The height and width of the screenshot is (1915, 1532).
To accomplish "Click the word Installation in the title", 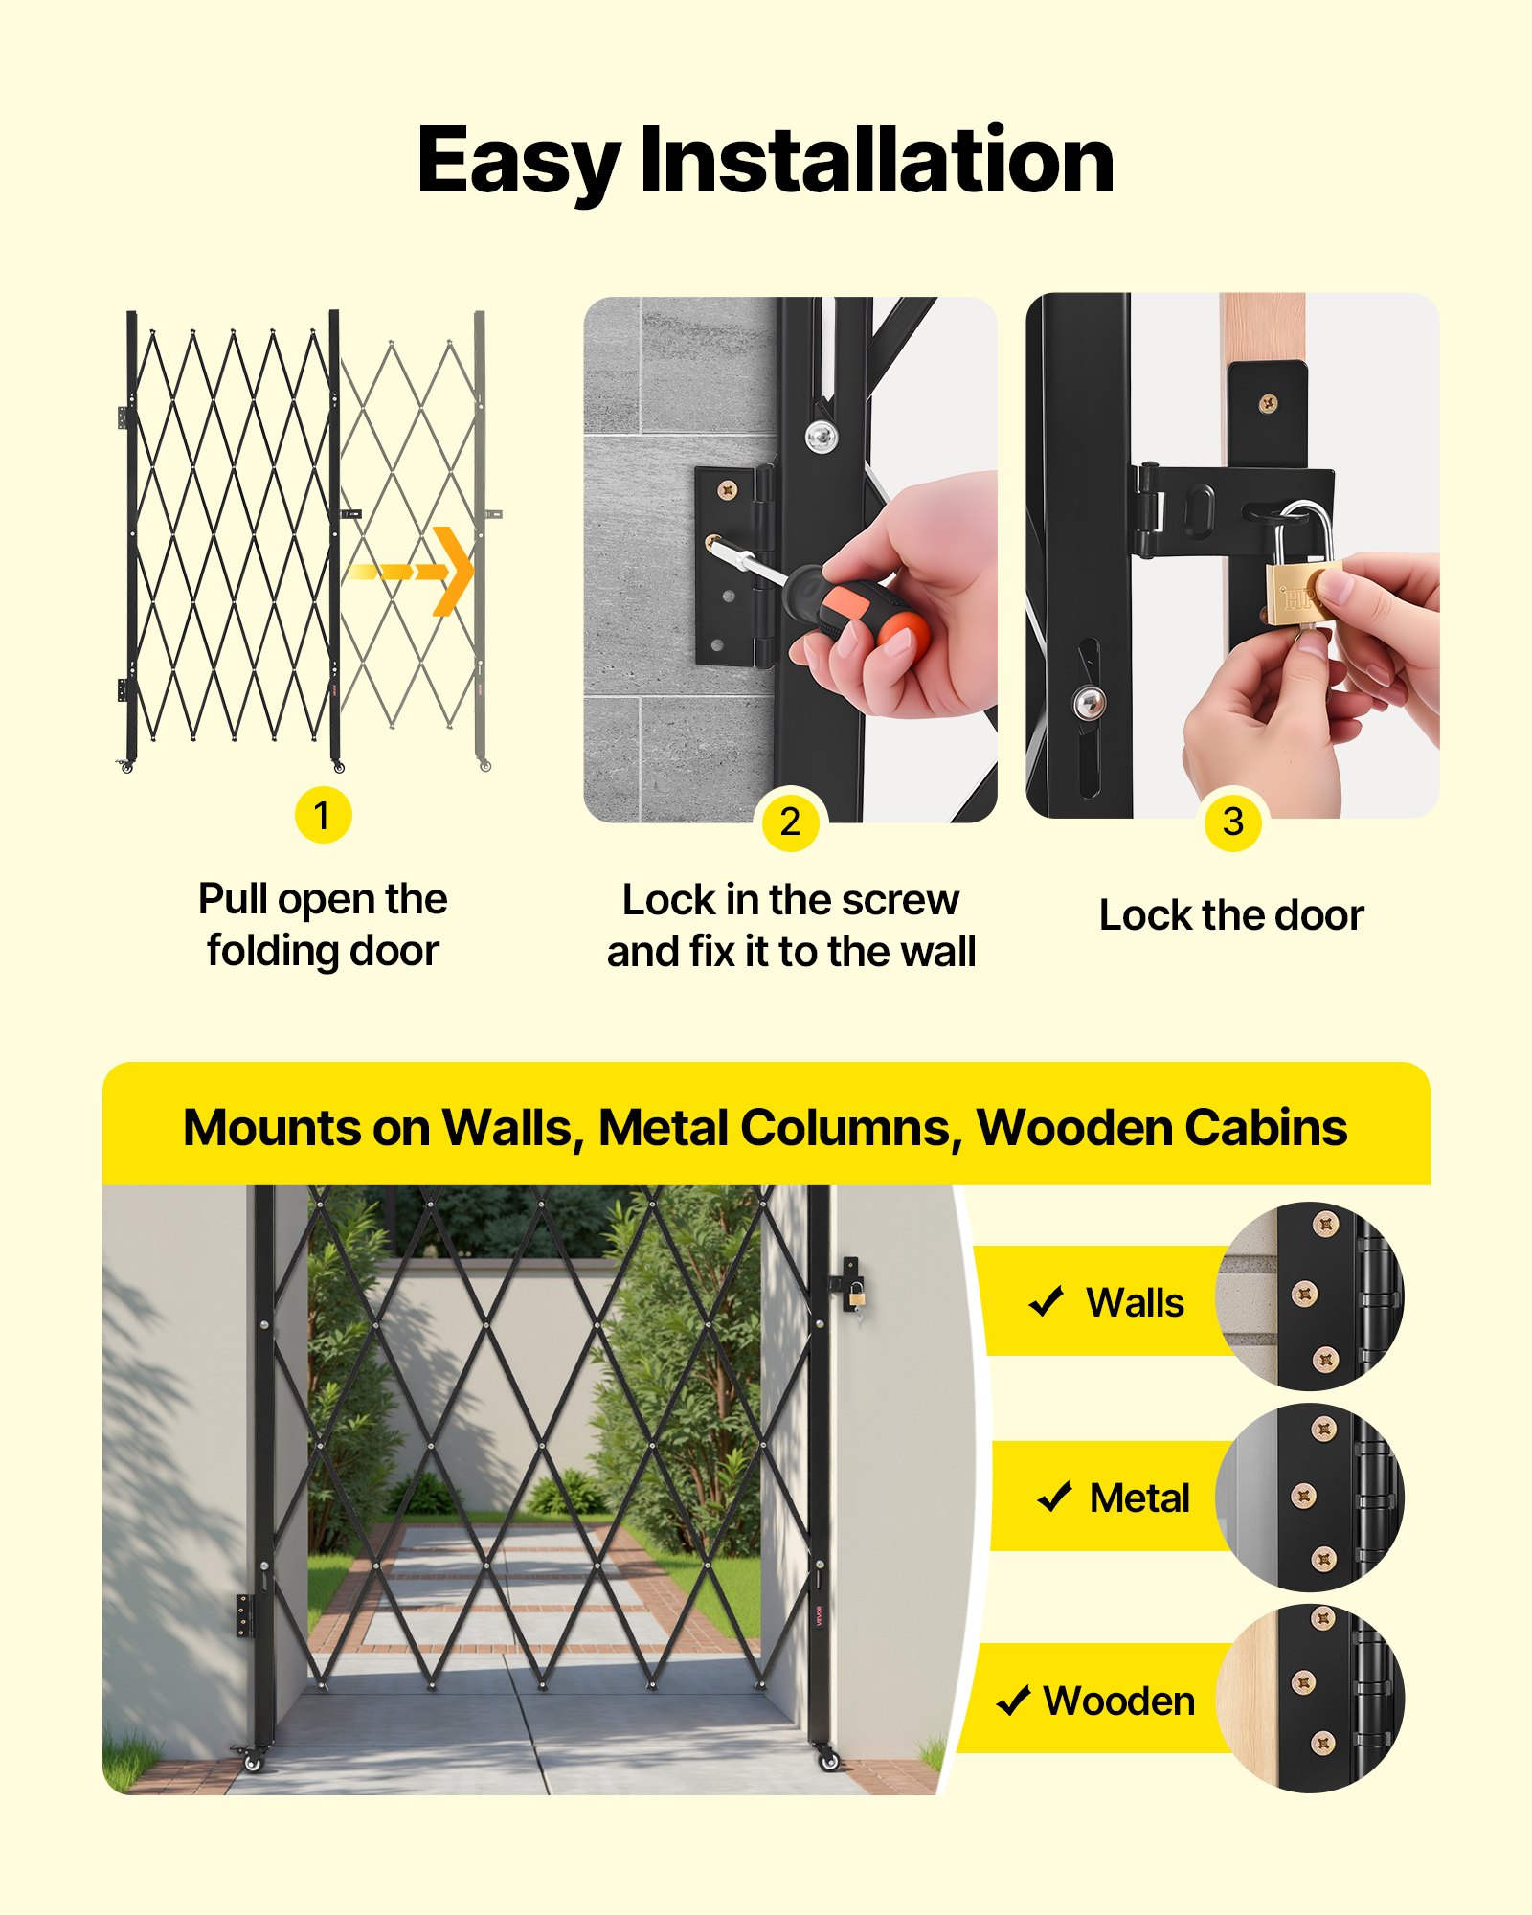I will coord(876,161).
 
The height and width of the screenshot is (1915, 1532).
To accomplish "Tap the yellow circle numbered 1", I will coord(323,815).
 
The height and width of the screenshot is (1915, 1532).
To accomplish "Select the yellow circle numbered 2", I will coord(790,822).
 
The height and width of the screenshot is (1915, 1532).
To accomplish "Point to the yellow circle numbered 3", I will coord(1233,822).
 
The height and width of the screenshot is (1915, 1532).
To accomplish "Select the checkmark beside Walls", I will coord(1046,1301).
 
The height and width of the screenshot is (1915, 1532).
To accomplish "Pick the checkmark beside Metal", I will coord(1054,1497).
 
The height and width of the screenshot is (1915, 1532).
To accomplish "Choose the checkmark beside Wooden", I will coord(1013,1701).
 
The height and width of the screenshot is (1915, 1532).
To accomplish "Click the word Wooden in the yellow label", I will coord(1119,1701).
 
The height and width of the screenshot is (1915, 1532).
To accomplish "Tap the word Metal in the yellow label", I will coord(1139,1498).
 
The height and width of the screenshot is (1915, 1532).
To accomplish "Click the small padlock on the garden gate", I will coord(855,1295).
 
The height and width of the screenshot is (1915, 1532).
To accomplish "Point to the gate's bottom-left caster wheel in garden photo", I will coord(252,1758).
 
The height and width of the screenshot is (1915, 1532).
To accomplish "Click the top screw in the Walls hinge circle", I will coord(1325,1223).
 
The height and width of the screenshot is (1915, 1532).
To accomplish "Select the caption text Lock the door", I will coord(1231,915).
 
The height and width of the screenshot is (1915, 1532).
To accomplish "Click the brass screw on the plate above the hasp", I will coord(1268,403).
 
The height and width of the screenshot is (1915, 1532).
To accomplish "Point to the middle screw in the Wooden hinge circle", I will coord(1303,1682).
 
